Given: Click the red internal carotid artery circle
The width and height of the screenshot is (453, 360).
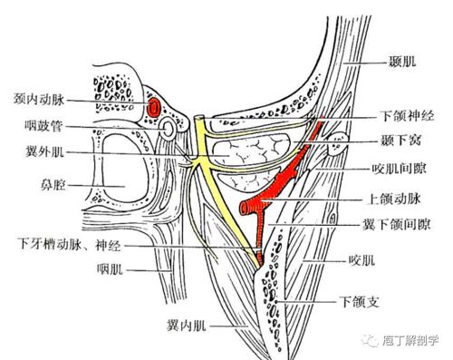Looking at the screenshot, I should (156, 107).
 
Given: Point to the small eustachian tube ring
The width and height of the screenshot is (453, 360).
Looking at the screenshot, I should (167, 131).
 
